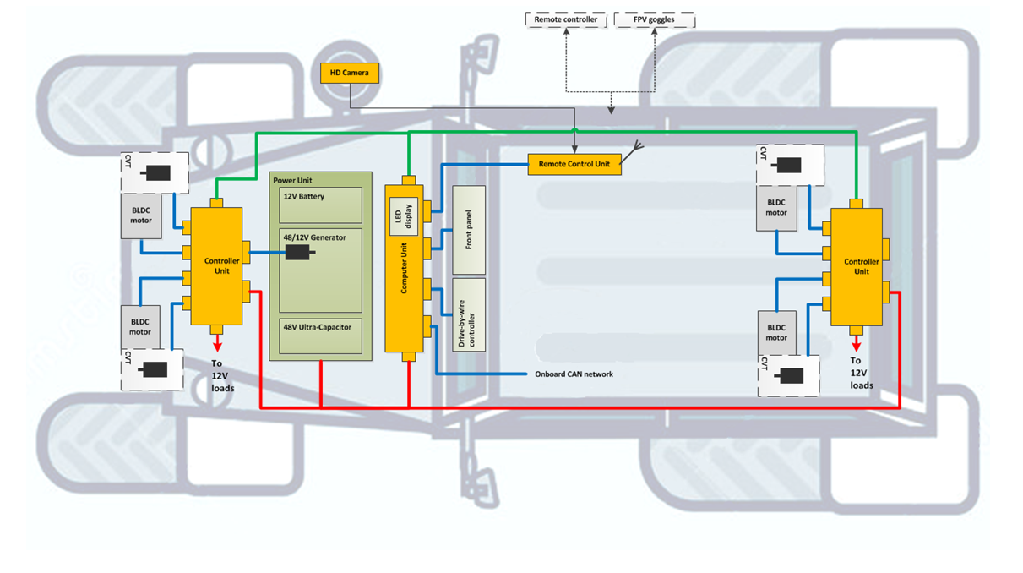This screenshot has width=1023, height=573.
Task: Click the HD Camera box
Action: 350,74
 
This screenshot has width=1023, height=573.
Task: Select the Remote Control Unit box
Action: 574,164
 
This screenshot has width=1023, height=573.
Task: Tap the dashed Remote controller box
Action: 566,19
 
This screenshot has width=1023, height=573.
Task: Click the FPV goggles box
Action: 654,19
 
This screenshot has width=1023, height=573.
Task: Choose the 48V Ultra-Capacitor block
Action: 320,336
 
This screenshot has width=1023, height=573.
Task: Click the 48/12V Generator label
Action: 315,238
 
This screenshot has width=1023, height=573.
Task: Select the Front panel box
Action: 469,230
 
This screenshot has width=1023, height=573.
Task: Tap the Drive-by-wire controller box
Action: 469,314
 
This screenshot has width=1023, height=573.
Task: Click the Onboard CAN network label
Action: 574,374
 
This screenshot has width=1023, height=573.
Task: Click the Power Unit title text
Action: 292,181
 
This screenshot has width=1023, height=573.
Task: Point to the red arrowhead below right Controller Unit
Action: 856,345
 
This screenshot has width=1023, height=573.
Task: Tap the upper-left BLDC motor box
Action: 141,216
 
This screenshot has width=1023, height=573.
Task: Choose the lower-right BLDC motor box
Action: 776,332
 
